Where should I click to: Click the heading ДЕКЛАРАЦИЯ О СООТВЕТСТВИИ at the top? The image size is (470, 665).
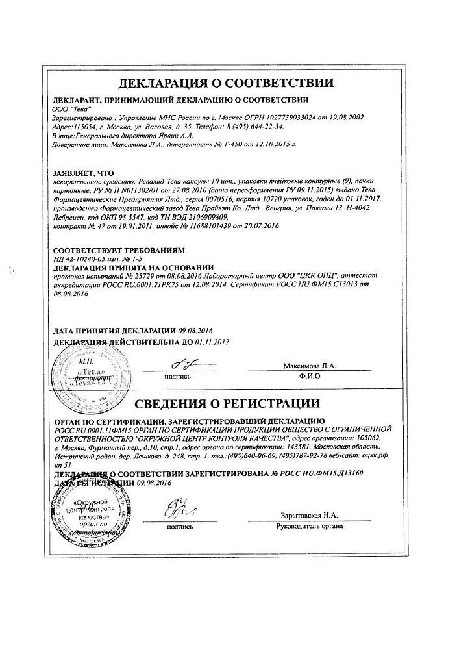tap(227, 83)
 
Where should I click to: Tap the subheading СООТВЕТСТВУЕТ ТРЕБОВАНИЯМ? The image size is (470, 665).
tap(118, 249)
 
